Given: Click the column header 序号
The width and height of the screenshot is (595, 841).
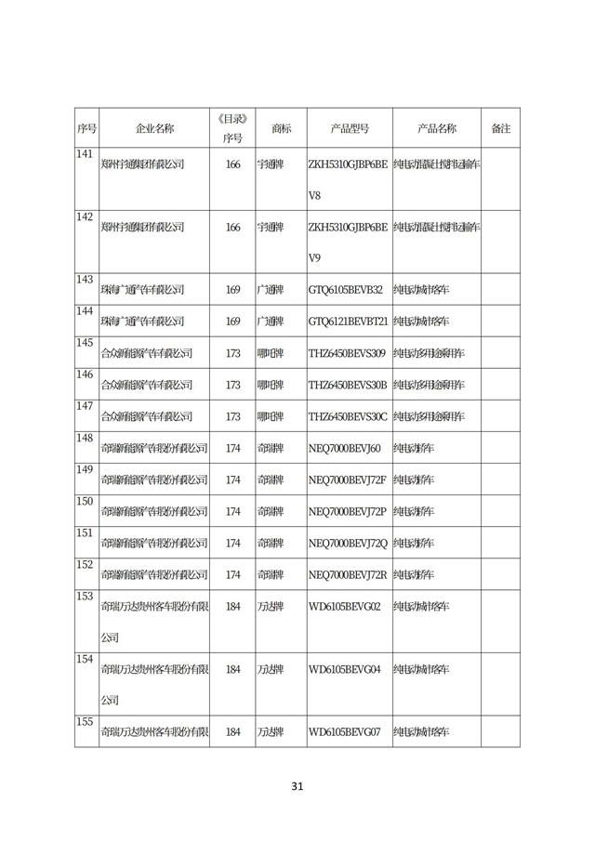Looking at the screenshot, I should pos(86,128).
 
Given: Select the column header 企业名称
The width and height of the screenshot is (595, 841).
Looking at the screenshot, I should pos(154,128).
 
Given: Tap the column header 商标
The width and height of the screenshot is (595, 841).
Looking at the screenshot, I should pos(281,128).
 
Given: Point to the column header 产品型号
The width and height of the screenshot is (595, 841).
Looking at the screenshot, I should pos(350,128).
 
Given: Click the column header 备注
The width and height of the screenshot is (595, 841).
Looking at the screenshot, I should pos(500,128).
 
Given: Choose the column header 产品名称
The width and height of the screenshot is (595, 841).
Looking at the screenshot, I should pos(436,128).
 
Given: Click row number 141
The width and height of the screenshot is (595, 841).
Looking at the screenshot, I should pos(85,153).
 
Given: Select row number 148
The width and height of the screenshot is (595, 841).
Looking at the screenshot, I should pos(85,438).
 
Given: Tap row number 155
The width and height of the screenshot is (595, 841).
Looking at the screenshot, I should pos(85,721).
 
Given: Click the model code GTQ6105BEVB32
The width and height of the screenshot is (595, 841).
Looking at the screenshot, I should pos(345,290).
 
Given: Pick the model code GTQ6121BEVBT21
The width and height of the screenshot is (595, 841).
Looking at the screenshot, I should pos(348,322).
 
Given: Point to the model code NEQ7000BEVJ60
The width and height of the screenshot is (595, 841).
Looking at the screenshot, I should pos(344,448).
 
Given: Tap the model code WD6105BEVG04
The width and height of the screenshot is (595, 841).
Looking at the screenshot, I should pos(344,668).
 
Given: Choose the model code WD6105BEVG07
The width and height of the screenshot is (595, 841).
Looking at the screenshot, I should pos(344,731).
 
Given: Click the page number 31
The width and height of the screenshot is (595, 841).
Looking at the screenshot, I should pos(297,786).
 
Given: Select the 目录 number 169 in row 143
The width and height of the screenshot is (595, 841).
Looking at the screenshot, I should pos(232,290).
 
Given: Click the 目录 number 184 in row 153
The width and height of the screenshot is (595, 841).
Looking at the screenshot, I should pos(232,606).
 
